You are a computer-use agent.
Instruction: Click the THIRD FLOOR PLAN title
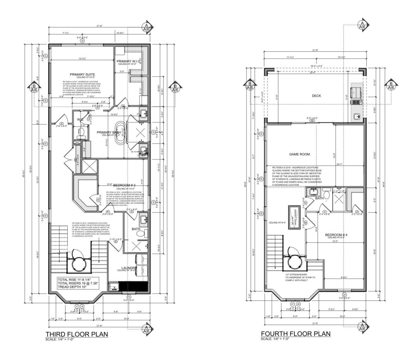pyautogui.click(x=76, y=334)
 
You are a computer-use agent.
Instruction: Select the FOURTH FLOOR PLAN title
pyautogui.click(x=296, y=333)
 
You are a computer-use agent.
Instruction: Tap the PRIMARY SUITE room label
pyautogui.click(x=82, y=74)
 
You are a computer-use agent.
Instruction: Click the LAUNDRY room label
pyautogui.click(x=128, y=268)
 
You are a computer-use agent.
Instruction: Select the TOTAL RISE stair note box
pyautogui.click(x=78, y=283)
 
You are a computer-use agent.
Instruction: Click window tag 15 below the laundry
pyautogui.click(x=128, y=297)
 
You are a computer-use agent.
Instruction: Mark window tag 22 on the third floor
pyautogui.click(x=82, y=41)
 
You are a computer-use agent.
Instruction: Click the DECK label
pyautogui.click(x=316, y=96)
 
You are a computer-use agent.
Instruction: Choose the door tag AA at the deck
pyautogui.click(x=312, y=120)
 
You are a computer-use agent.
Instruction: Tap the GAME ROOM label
pyautogui.click(x=299, y=154)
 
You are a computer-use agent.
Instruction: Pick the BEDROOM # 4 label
pyautogui.click(x=336, y=235)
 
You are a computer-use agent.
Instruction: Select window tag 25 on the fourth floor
pyautogui.click(x=344, y=295)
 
